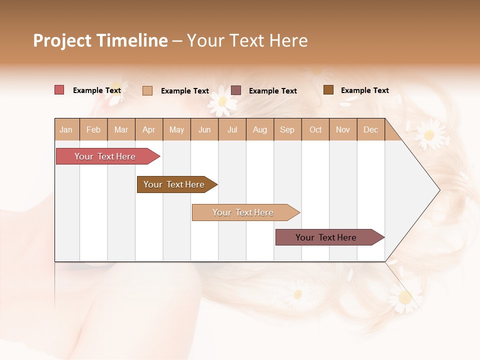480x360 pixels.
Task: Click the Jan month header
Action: pyautogui.click(x=66, y=129)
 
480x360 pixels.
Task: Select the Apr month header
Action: pyautogui.click(x=148, y=129)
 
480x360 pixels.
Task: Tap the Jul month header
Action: pyautogui.click(x=232, y=129)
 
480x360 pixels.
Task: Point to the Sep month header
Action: pyautogui.click(x=287, y=129)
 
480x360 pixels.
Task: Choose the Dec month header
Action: pyautogui.click(x=370, y=129)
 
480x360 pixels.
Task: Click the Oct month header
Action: pyautogui.click(x=315, y=129)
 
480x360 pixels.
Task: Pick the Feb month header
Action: pyautogui.click(x=93, y=129)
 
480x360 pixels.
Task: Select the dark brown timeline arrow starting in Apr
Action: pyautogui.click(x=175, y=184)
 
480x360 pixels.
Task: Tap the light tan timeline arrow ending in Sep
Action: pyautogui.click(x=244, y=212)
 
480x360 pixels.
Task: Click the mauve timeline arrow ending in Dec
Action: pyautogui.click(x=327, y=237)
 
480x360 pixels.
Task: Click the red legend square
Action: pyautogui.click(x=59, y=90)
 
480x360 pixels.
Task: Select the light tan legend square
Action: pyautogui.click(x=147, y=90)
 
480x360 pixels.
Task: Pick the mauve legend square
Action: pyautogui.click(x=236, y=90)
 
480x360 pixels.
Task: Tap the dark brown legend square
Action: pyautogui.click(x=328, y=90)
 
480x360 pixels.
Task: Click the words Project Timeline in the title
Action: pyautogui.click(x=100, y=40)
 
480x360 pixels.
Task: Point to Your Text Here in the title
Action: pyautogui.click(x=247, y=40)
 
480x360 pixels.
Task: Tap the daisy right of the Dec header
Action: pyautogui.click(x=429, y=134)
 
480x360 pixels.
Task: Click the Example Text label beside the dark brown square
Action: pyautogui.click(x=364, y=90)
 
